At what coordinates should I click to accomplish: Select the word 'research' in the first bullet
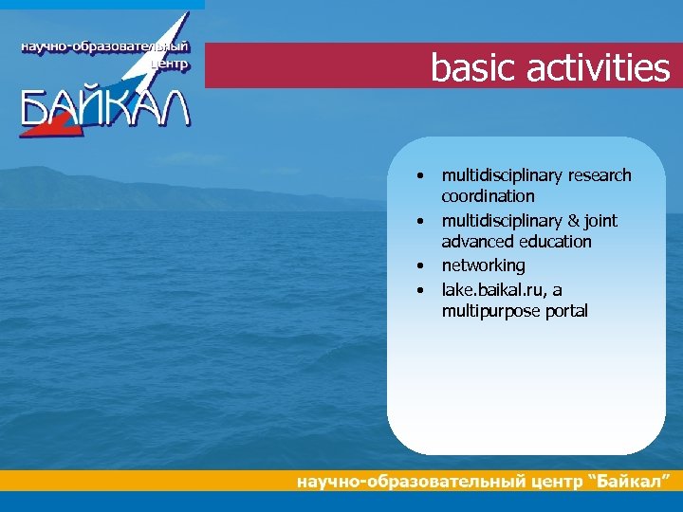tap(599, 175)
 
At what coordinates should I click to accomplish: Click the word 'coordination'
tap(488, 196)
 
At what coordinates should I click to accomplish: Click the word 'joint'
tap(600, 221)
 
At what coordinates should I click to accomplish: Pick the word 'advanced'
tap(477, 242)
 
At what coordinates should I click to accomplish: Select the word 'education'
tap(554, 242)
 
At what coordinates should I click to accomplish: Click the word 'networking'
tap(483, 265)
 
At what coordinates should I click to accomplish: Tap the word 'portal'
tap(565, 311)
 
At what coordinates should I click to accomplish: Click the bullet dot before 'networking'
tap(417, 266)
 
